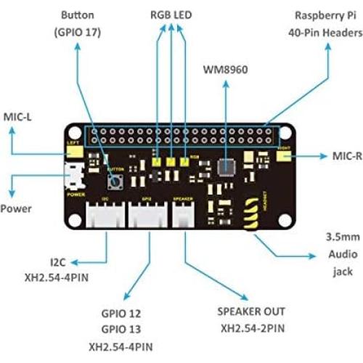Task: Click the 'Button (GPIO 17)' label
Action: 77,23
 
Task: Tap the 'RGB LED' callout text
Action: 172,14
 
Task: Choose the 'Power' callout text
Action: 16,208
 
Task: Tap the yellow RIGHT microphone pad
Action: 283,155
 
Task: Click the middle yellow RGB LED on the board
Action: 171,162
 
